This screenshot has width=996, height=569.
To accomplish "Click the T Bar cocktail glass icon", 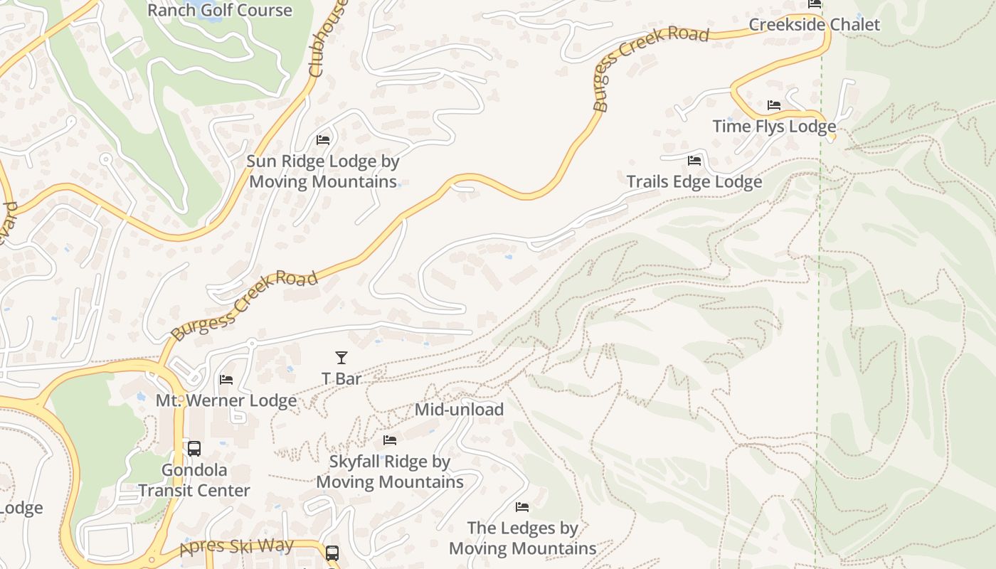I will tap(341, 358).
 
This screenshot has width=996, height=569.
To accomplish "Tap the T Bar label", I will tap(341, 379).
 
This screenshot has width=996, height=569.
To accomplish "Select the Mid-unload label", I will tap(459, 410).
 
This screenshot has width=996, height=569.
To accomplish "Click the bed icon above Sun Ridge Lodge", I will tap(323, 139).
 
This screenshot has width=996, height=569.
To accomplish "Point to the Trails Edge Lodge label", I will tap(694, 182).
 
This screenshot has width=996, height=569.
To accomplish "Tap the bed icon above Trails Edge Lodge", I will tap(694, 161).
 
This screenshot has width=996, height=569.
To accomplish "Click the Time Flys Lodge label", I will tap(774, 127).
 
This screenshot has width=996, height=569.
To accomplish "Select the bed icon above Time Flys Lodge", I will tap(774, 105).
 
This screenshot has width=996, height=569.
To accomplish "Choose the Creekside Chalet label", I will tap(814, 25).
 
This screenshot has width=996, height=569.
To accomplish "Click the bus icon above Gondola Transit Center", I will tap(194, 449).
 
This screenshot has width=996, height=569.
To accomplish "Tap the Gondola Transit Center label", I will tap(194, 480).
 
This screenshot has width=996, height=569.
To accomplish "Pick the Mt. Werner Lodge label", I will tap(226, 400).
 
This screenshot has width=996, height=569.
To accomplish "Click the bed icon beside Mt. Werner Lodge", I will tap(226, 379).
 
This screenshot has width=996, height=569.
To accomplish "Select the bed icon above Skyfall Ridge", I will tap(389, 440).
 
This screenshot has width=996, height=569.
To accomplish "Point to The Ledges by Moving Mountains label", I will tap(522, 538).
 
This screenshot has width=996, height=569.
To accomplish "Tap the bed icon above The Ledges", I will tap(522, 507).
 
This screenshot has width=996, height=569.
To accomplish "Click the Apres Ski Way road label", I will tap(236, 547).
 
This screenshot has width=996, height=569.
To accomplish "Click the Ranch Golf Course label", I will tap(219, 10).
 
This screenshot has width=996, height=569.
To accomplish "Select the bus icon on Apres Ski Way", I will tap(332, 553).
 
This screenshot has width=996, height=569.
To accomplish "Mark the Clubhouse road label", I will tap(329, 39).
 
